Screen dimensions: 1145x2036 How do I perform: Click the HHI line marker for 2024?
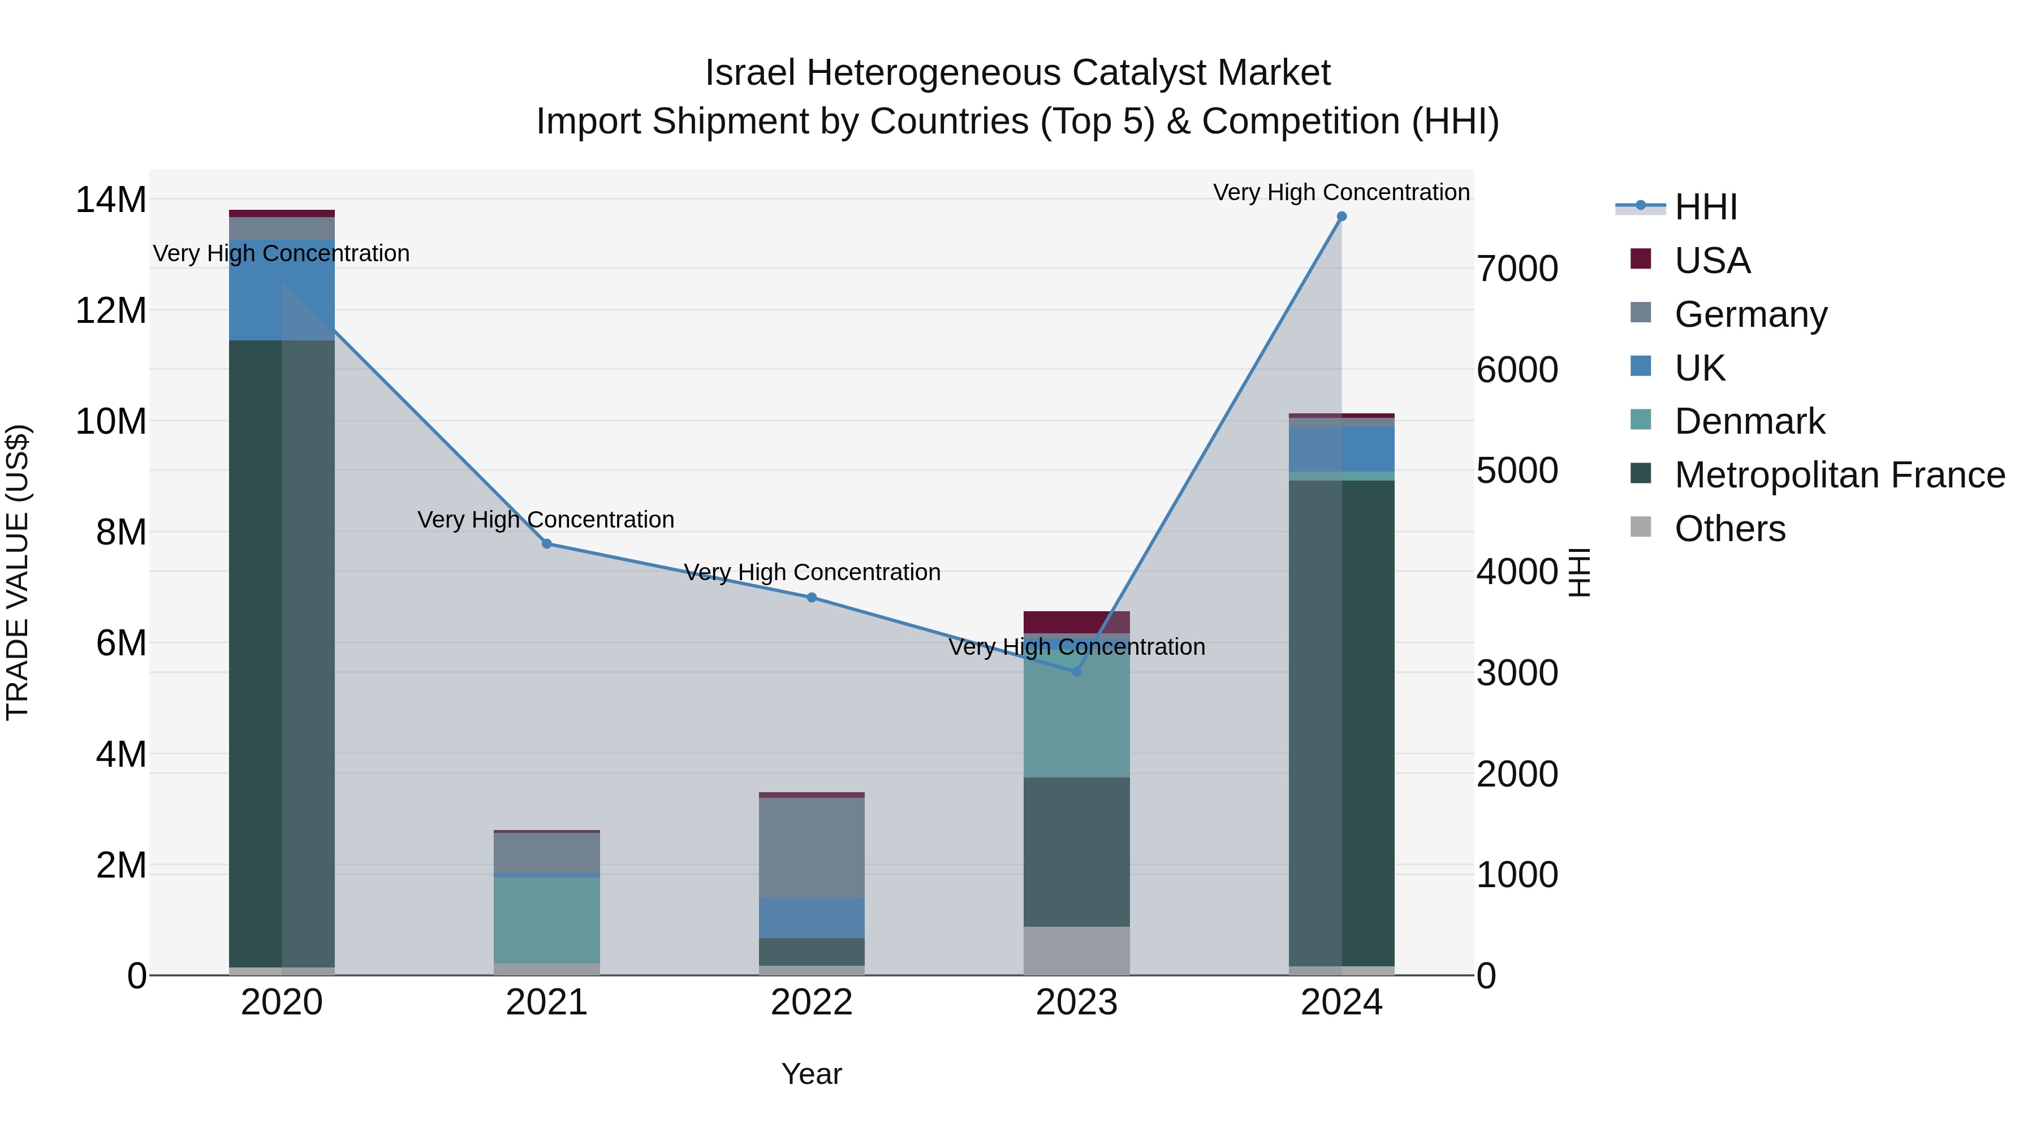pyautogui.click(x=1341, y=217)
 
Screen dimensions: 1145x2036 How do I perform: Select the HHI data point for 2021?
pyautogui.click(x=546, y=543)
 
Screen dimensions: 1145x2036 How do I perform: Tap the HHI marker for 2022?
pyautogui.click(x=812, y=598)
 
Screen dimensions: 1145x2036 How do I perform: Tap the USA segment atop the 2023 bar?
pyautogui.click(x=1076, y=622)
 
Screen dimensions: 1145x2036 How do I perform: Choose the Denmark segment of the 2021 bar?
pyautogui.click(x=546, y=920)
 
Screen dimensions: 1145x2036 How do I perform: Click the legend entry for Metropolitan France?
pyautogui.click(x=1839, y=475)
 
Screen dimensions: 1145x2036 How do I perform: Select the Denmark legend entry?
pyautogui.click(x=1749, y=421)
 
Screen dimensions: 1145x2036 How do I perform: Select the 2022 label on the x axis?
pyautogui.click(x=812, y=1003)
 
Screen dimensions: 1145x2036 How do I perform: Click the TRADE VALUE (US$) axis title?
pyautogui.click(x=18, y=572)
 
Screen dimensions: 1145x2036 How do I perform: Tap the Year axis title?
pyautogui.click(x=812, y=1074)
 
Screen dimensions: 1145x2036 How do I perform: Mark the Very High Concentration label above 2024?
pyautogui.click(x=1341, y=192)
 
